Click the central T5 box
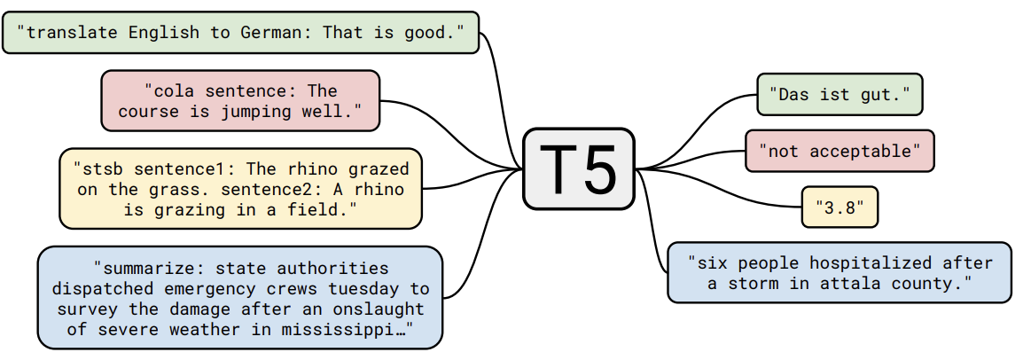tap(579, 168)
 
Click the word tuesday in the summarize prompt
tap(364, 289)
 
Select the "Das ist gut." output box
tap(839, 95)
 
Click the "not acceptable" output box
tap(839, 152)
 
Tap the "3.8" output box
tap(839, 207)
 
